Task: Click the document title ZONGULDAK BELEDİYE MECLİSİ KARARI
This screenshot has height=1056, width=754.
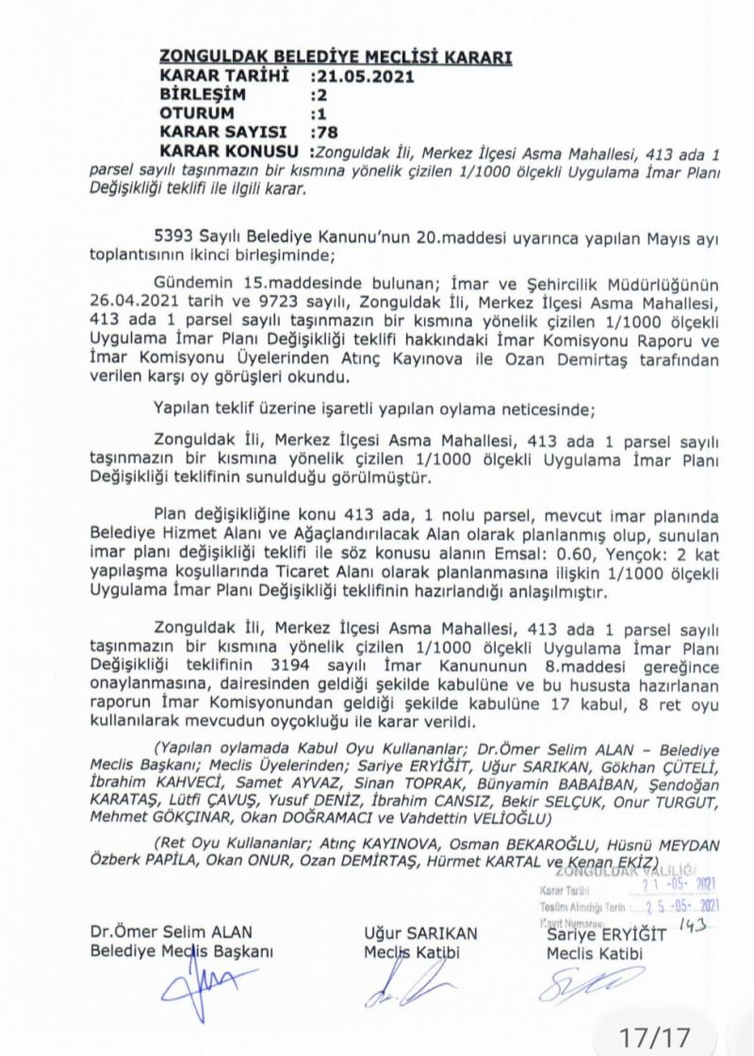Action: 336,58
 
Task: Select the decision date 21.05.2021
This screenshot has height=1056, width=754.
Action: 349,76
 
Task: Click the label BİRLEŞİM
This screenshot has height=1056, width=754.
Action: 203,95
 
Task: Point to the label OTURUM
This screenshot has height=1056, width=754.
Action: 198,114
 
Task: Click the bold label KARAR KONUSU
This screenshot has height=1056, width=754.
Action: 231,152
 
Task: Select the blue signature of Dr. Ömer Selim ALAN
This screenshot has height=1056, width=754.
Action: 203,990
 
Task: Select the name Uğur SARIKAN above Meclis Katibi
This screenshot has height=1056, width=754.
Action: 420,933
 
